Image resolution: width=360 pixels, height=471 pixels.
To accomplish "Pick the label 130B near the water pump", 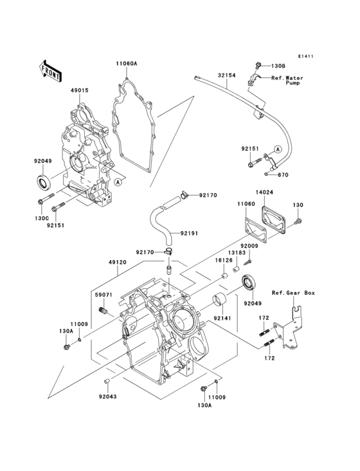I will [x=277, y=66].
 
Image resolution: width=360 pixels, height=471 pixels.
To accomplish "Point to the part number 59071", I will [x=104, y=295].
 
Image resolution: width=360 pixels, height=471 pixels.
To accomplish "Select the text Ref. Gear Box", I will [x=293, y=293].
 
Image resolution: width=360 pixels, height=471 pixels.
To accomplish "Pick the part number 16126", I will [x=224, y=261].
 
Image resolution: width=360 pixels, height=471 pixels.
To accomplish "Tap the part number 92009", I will [x=249, y=246].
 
